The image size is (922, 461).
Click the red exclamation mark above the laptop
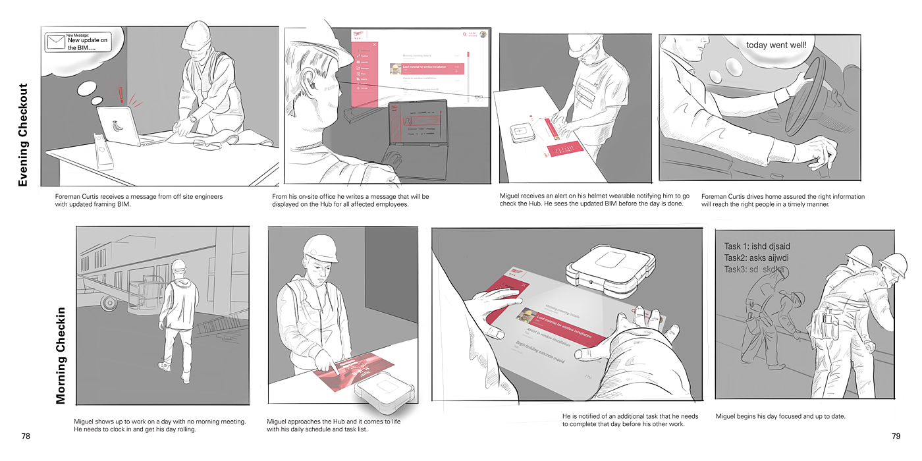tap(121, 94)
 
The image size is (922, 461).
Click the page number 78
tap(26, 436)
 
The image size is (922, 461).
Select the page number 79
tap(896, 436)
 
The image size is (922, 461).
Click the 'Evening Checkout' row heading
tap(23, 134)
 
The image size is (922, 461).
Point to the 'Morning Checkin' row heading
tap(61, 356)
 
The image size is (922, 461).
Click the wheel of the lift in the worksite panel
tap(108, 302)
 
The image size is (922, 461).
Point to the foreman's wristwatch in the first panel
tap(193, 119)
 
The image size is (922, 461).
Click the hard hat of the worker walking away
tap(178, 265)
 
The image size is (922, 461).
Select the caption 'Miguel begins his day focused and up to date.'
tap(780, 416)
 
